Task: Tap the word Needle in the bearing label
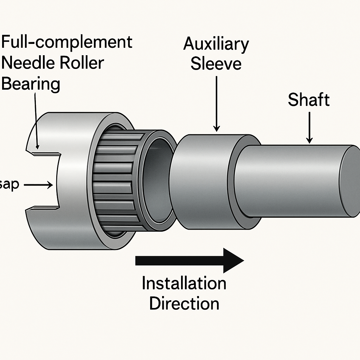click(x=28, y=64)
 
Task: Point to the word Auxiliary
click(x=216, y=45)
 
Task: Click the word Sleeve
click(x=216, y=64)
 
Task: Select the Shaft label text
click(x=309, y=100)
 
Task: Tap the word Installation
click(x=184, y=283)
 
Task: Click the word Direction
click(x=184, y=303)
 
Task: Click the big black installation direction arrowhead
click(x=233, y=261)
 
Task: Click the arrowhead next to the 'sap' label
click(x=50, y=184)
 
